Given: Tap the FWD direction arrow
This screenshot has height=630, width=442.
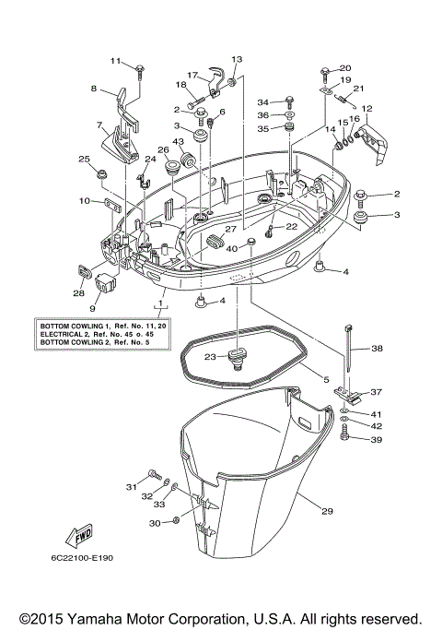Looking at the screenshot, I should pyautogui.click(x=78, y=537).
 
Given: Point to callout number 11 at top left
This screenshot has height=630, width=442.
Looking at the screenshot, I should pyautogui.click(x=116, y=61).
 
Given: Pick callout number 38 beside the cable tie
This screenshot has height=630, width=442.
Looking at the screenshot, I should pyautogui.click(x=376, y=350).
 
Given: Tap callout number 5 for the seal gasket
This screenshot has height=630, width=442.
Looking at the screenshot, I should pyautogui.click(x=325, y=377).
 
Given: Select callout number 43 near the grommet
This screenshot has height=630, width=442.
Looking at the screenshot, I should pyautogui.click(x=178, y=141).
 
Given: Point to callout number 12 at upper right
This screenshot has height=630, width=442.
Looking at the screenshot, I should pyautogui.click(x=366, y=109).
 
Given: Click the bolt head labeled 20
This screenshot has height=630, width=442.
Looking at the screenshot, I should pyautogui.click(x=327, y=71).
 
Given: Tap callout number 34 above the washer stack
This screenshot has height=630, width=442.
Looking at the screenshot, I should pyautogui.click(x=262, y=101).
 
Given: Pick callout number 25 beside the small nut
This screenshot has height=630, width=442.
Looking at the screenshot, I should pyautogui.click(x=83, y=159).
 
